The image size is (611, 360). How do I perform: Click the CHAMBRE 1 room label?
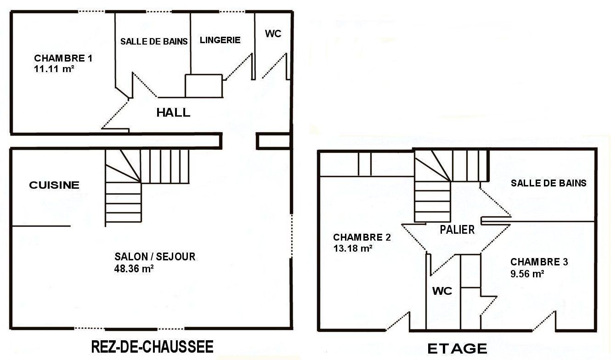63,58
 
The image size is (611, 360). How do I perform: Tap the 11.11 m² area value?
54,69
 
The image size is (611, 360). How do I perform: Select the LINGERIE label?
220,40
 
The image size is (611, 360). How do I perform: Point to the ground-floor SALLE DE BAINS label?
154,41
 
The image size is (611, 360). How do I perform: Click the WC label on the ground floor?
273,34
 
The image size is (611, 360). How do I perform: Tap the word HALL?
173,112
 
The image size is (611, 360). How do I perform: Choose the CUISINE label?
54,185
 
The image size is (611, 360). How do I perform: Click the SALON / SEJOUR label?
155,257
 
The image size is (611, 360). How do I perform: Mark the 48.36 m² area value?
134,269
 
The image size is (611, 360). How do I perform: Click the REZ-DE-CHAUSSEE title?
152,347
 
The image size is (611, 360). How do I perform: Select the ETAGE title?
457,349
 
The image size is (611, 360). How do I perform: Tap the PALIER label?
457,230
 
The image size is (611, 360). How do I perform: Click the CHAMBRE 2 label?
362,237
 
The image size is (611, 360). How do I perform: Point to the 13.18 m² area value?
353,248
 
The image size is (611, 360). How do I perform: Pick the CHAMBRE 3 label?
539,262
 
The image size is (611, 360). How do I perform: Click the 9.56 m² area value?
527,274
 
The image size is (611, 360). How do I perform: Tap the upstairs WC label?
442,291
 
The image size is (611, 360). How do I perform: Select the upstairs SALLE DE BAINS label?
549,183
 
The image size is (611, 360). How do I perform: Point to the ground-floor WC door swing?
274,66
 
